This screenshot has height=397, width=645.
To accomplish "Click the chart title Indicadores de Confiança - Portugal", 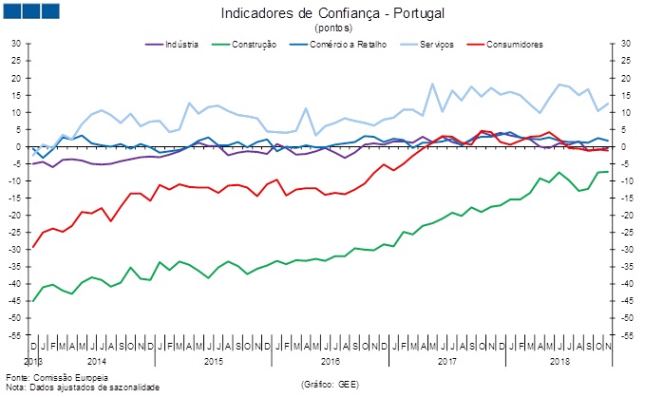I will point(332,14).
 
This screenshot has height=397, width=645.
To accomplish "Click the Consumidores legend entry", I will point(513,45).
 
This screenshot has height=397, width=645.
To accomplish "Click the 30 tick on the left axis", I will point(16,44).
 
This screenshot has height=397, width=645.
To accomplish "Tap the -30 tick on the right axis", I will point(627,250).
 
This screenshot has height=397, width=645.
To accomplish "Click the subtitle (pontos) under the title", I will point(332,28).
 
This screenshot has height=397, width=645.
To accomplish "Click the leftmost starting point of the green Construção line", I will point(33,301).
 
